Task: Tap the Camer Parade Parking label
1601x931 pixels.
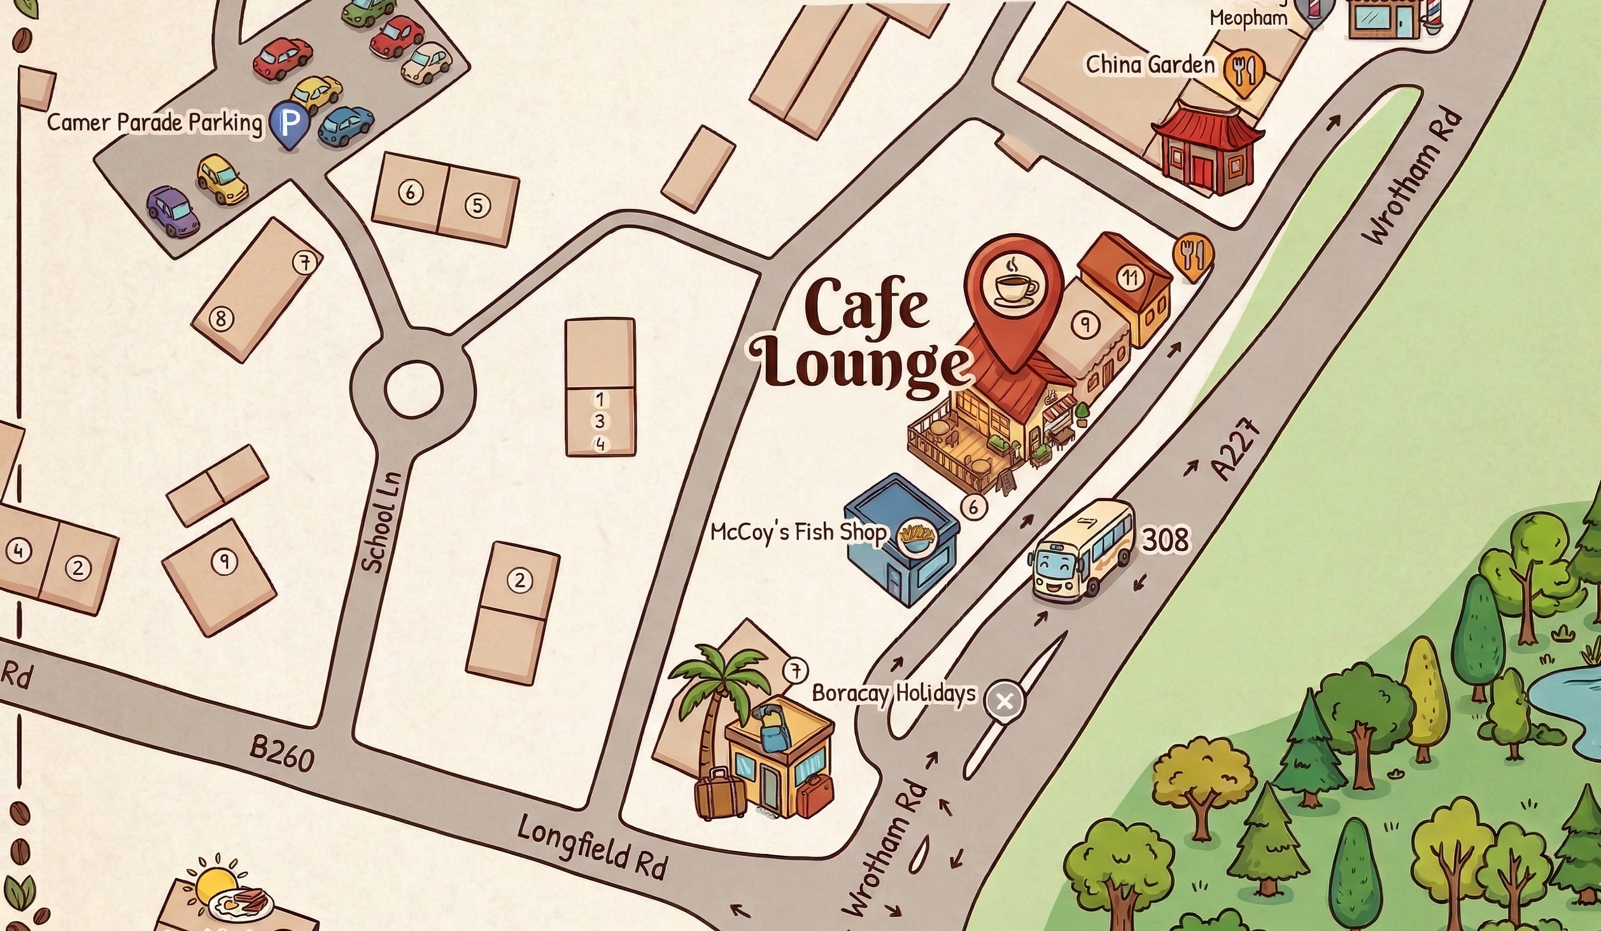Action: click(154, 122)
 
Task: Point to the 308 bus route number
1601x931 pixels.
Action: click(1165, 540)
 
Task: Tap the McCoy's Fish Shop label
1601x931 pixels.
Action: click(798, 532)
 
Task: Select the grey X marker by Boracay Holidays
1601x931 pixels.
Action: click(1004, 702)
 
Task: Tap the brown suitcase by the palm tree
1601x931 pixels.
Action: click(719, 793)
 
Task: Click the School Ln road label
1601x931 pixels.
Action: click(382, 522)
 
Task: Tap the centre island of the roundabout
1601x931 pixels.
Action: click(413, 389)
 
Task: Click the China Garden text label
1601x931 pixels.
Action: click(1150, 65)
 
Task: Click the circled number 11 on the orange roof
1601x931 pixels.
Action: click(1130, 278)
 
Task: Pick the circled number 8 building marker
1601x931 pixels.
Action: click(222, 318)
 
